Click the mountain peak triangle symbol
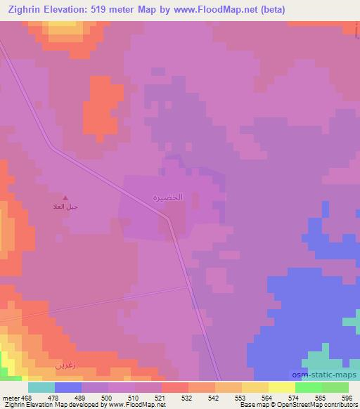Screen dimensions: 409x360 tap(66, 198)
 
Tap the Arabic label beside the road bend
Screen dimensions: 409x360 tap(168, 197)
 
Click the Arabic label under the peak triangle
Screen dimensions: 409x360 tap(65, 207)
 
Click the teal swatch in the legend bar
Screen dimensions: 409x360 tap(41, 387)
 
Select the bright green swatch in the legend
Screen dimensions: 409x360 tap(308, 387)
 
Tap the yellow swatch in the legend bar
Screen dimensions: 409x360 tap(281, 387)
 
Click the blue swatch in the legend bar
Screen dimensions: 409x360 tap(68, 387)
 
